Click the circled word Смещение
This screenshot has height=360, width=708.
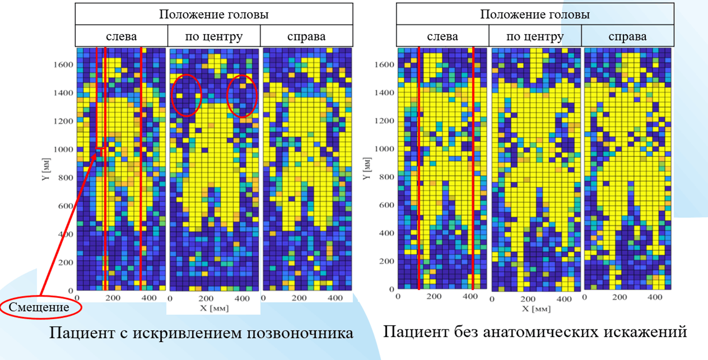[39, 307]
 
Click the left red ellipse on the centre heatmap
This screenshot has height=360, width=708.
[186, 95]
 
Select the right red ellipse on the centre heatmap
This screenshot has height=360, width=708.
[241, 96]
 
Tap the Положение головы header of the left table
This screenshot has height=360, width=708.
[214, 15]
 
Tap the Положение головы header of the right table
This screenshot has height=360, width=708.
[535, 15]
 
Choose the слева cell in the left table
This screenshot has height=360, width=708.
[121, 37]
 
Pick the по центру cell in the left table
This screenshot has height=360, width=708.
[214, 37]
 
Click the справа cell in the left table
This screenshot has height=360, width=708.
[306, 37]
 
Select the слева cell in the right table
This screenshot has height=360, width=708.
[442, 37]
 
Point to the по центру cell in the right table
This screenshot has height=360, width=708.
[535, 37]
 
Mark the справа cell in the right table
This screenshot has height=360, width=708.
[627, 37]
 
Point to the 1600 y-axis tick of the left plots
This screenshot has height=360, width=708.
[63, 65]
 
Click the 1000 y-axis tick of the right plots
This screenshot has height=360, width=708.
[384, 149]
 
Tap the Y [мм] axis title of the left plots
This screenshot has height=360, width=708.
[46, 169]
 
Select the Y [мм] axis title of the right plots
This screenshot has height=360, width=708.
[367, 169]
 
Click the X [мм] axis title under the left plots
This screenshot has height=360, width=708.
[214, 308]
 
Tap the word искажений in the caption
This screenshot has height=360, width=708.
[650, 332]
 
